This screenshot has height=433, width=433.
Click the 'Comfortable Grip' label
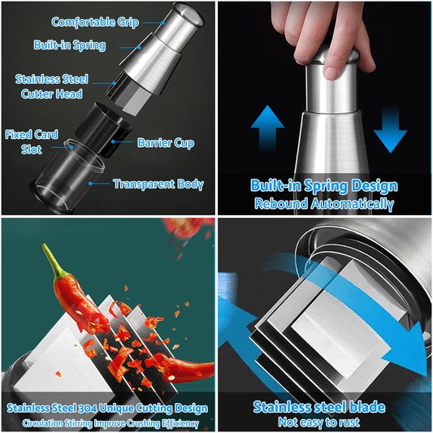pos(95,23)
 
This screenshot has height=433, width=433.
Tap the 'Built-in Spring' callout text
pos(70,45)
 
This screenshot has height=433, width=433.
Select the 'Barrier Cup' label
pos(166,143)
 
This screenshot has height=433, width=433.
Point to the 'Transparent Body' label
pos(158,184)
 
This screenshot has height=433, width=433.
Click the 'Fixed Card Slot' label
pos(32,142)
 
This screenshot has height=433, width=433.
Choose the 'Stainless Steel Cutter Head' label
pos(52,86)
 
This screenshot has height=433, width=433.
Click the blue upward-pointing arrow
pos(267,128)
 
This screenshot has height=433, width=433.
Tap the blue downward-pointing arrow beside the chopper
pos(390,130)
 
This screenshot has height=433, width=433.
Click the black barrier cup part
pos(104,129)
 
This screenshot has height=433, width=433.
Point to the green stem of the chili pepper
pos(53,261)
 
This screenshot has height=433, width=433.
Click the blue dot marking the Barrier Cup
pos(113,141)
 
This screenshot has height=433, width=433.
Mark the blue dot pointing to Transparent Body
pos(90,184)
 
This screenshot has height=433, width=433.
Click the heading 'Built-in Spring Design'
pos(324,186)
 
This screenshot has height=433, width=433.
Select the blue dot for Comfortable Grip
pos(163,23)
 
